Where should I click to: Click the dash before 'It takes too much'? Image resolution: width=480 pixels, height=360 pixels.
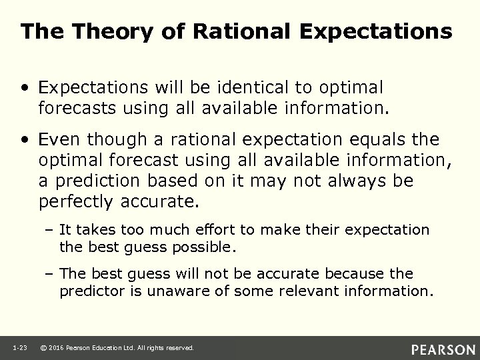pyautogui.click(x=51, y=230)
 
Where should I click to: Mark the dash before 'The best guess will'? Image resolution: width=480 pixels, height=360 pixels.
pyautogui.click(x=51, y=274)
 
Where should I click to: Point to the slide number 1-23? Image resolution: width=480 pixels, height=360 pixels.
pyautogui.click(x=18, y=348)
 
